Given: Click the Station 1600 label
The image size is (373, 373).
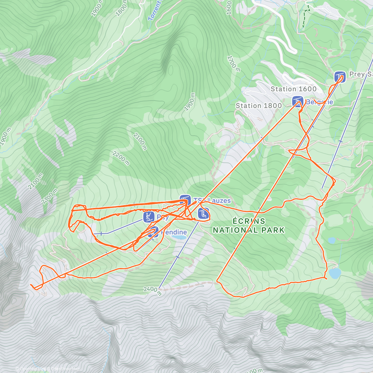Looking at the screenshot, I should tap(293, 89).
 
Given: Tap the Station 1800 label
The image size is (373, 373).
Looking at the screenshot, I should tap(259, 106).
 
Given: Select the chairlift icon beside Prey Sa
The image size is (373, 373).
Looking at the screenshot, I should tap(340, 76).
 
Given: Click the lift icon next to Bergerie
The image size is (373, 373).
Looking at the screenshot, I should tap(297, 101).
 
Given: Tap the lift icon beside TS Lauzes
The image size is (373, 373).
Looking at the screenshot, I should tap(185, 200).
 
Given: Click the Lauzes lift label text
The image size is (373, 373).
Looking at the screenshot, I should tap(212, 200).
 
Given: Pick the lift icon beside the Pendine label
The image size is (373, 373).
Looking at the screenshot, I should tap(153, 232).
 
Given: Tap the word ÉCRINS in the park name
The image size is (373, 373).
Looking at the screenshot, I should tap(249, 221).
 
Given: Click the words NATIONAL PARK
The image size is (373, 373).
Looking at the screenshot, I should tap(249, 230).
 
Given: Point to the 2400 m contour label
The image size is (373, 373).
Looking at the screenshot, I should tap(152, 291).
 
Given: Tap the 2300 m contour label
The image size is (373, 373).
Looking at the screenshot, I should tap(49, 195).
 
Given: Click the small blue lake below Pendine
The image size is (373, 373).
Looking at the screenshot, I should tap(179, 237).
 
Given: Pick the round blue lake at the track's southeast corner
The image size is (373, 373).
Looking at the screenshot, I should tap(335, 274).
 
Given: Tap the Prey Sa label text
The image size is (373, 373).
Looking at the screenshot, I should tap(361, 74).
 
